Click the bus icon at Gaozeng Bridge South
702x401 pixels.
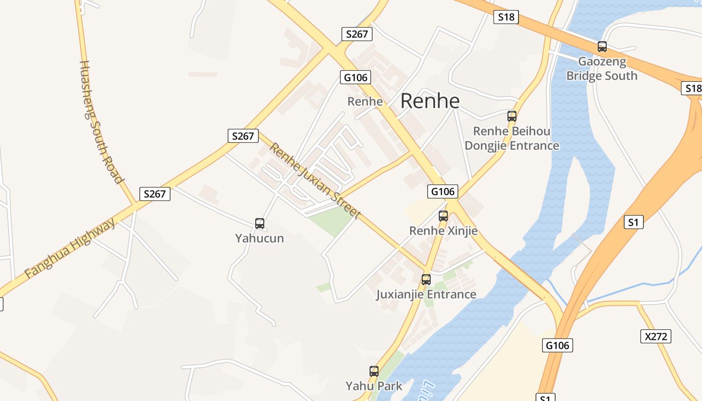click(602, 47)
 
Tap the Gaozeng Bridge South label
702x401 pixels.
click(602, 69)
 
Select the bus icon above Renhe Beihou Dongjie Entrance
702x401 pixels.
click(511, 116)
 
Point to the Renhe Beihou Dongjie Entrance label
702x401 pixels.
click(511, 138)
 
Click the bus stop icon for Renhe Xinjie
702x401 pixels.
click(443, 216)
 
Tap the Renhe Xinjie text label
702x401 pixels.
click(443, 231)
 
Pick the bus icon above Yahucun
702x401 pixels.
click(260, 224)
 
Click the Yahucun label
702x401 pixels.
click(260, 238)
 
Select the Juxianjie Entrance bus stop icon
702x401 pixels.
click(426, 280)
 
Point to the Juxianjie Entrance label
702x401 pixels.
click(426, 294)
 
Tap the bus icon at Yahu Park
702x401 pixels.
click(374, 371)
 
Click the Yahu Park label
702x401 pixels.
click(374, 386)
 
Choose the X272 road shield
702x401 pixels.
click(656, 336)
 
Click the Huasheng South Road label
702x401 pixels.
click(101, 122)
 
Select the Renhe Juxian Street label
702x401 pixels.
click(315, 181)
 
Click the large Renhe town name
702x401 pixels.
click(430, 101)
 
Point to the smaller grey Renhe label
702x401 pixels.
click(365, 102)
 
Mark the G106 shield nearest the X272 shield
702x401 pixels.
click(557, 345)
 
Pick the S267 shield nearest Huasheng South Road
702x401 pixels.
click(154, 194)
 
